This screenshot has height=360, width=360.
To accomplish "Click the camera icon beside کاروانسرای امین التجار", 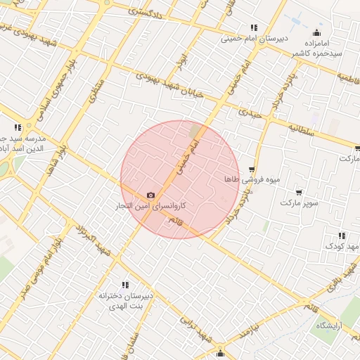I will (x=150, y=195).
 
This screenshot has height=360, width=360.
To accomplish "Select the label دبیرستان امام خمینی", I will (x=253, y=39).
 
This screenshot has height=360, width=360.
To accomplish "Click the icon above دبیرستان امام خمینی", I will (x=253, y=28).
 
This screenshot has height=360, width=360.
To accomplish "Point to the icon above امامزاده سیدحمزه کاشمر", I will (x=316, y=32).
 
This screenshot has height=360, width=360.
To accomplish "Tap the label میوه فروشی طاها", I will (x=252, y=180).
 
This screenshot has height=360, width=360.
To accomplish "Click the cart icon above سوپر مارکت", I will (x=300, y=192).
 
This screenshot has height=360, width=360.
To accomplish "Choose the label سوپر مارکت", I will (x=300, y=203).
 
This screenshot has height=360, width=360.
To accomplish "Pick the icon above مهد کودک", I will (x=342, y=236).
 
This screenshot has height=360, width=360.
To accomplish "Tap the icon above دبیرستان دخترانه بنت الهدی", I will (x=125, y=285).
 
